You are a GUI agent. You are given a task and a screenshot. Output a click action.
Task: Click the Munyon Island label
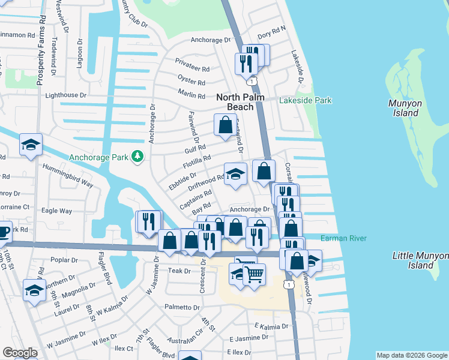point(403,108)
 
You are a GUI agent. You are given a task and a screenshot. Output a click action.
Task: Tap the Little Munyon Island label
point(420,260)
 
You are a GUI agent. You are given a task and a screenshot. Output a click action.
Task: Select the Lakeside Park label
point(305,101)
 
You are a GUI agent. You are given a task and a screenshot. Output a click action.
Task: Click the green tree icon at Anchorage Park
point(138,157)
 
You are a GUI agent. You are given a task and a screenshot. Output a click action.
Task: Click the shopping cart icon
point(255,274)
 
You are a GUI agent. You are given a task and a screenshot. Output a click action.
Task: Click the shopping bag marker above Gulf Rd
point(226,125)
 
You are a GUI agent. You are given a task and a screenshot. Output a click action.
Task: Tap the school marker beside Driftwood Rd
point(235,174)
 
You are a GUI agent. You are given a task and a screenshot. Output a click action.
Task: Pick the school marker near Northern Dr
point(35,290)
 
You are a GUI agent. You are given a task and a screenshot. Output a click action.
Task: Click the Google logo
point(20,353)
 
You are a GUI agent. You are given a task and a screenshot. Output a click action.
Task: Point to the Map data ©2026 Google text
point(411,355)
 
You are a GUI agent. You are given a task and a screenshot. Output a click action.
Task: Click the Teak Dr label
point(179,271)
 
